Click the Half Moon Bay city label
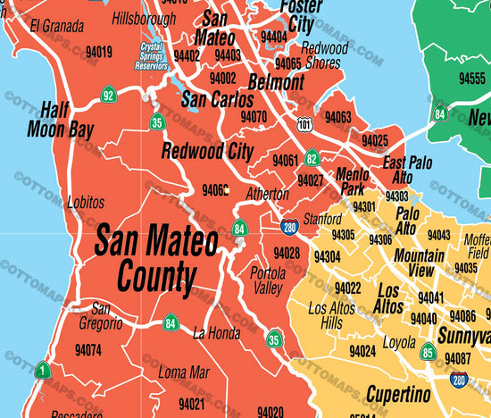[x=67, y=120]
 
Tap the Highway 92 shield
[x=108, y=95]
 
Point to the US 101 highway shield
[x=304, y=124]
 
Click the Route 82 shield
[x=311, y=159]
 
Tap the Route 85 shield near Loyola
[x=428, y=353]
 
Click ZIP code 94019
[x=98, y=53]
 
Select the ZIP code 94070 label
[x=253, y=116]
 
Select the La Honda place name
[x=216, y=334]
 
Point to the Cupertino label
[x=397, y=394]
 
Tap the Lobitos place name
[x=85, y=203]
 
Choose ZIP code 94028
[x=287, y=254]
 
